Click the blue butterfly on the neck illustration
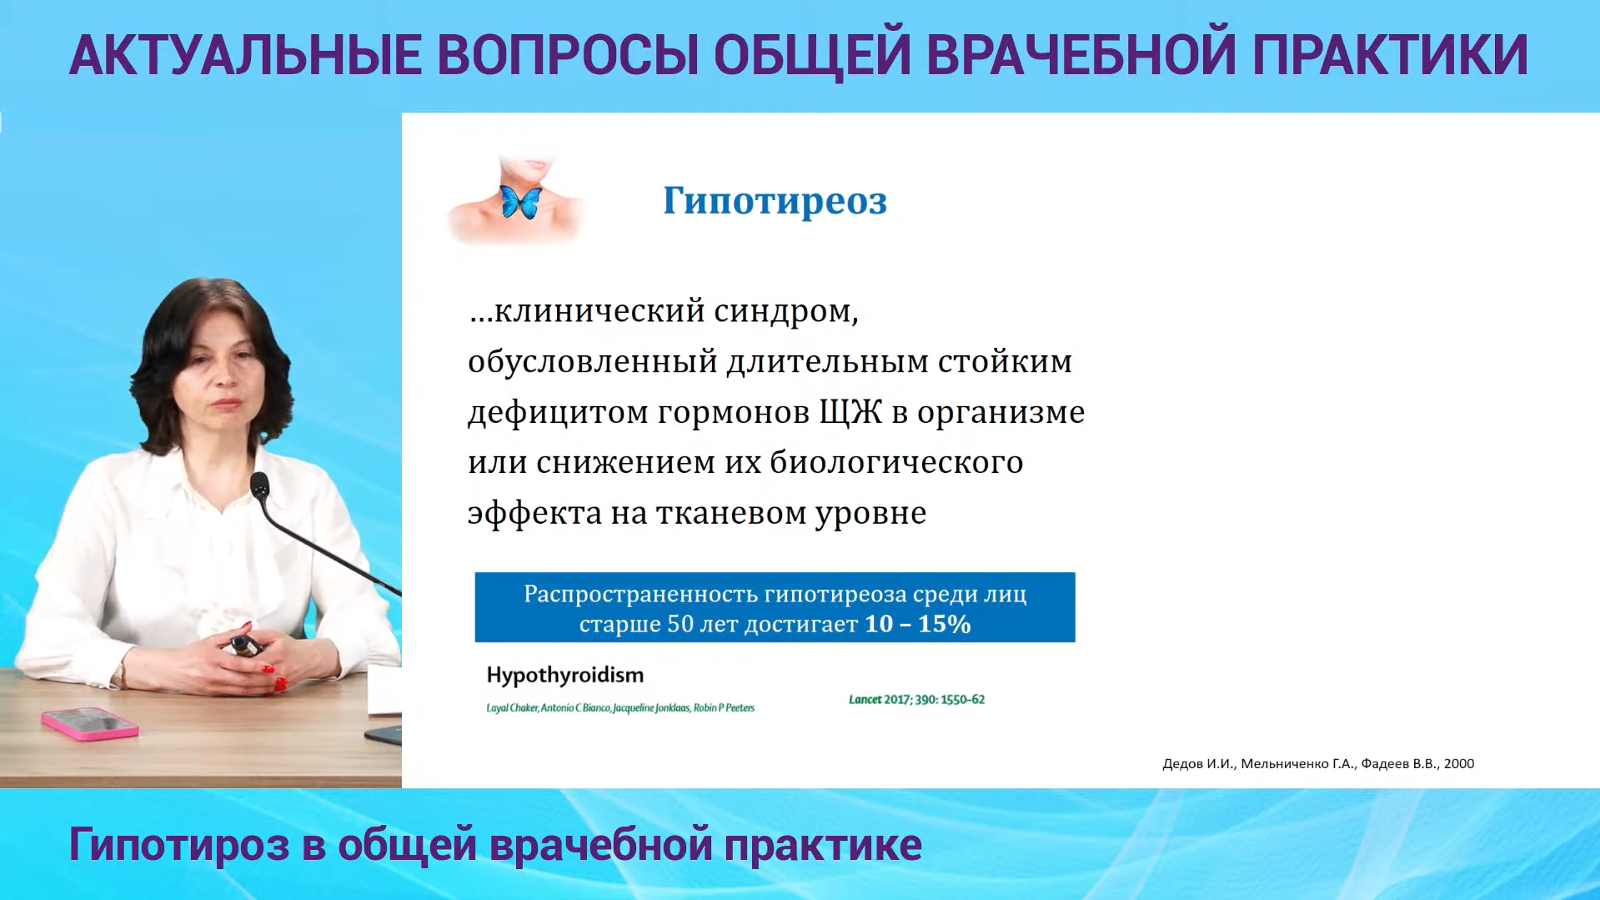click(521, 202)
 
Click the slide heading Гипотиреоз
click(775, 201)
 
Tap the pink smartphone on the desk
click(90, 723)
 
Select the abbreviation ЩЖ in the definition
click(850, 412)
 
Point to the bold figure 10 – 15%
click(918, 624)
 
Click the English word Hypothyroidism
click(565, 676)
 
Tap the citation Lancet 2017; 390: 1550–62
click(916, 699)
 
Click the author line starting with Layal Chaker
click(620, 708)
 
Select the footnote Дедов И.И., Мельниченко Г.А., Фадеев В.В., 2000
click(1318, 764)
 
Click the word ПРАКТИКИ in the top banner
click(1390, 56)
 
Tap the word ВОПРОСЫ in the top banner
click(568, 56)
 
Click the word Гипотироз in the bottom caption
click(179, 845)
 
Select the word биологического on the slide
click(896, 463)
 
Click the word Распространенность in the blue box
click(640, 595)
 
